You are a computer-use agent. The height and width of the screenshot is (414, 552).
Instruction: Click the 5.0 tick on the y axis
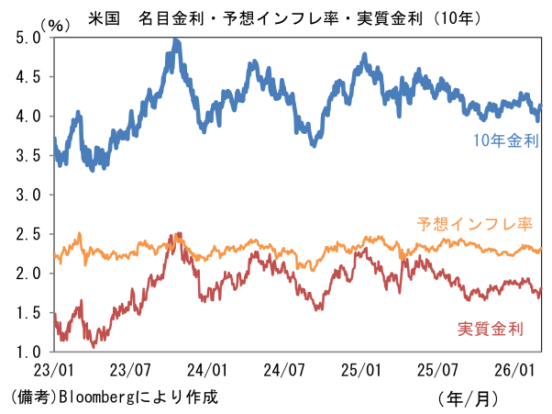click(28, 38)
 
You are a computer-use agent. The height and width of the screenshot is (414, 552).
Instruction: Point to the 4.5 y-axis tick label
click(28, 77)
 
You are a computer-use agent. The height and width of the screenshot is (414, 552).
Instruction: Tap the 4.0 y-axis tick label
click(28, 117)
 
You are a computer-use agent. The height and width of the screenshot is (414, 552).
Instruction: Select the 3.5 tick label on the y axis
click(28, 156)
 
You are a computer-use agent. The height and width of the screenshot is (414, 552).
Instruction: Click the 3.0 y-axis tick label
click(28, 196)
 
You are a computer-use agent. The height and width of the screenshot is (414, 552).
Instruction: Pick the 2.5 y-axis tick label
click(28, 235)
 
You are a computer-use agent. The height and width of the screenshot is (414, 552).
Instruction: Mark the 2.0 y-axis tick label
click(28, 274)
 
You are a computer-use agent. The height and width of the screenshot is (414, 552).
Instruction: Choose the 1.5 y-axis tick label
click(28, 313)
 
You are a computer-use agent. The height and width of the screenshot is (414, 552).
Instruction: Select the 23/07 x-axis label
click(131, 371)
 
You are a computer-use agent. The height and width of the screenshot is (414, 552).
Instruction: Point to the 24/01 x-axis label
click(208, 371)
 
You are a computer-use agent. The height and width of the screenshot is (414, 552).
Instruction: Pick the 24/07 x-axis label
click(285, 371)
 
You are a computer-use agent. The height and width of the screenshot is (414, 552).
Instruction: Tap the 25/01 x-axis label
click(362, 371)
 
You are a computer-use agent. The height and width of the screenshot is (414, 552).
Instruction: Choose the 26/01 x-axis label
click(516, 371)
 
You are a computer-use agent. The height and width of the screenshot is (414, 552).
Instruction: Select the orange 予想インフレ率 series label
click(475, 223)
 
